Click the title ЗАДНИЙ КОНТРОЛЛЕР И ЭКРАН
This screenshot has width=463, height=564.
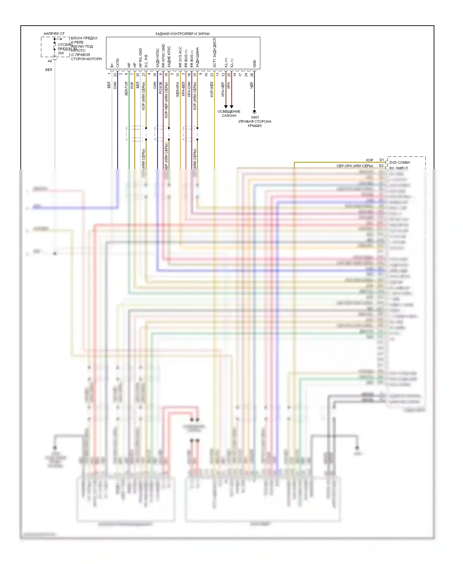[182, 34]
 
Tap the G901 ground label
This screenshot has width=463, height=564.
[255, 117]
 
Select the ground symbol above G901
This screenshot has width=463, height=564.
[254, 111]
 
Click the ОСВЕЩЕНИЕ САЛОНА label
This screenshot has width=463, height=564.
[229, 114]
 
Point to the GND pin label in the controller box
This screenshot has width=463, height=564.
[255, 64]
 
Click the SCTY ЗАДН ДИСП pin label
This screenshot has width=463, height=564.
[215, 53]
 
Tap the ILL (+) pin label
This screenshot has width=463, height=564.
[226, 62]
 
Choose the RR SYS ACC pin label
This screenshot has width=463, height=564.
[180, 57]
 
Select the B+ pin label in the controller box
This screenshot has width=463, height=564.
[112, 65]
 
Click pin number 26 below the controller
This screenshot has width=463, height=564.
[252, 75]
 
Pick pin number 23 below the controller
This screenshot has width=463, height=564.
[212, 75]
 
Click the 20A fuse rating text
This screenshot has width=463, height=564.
[61, 53]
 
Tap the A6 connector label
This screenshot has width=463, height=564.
[50, 61]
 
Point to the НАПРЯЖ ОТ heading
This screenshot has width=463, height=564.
[54, 34]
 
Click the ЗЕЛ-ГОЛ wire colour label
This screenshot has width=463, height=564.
[126, 89]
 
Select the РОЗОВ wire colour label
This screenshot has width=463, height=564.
[161, 88]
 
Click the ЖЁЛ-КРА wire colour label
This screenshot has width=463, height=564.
[178, 90]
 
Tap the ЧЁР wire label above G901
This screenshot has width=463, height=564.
[252, 85]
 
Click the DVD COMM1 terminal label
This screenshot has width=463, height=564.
[400, 162]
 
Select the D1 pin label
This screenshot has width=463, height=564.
[382, 160]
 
